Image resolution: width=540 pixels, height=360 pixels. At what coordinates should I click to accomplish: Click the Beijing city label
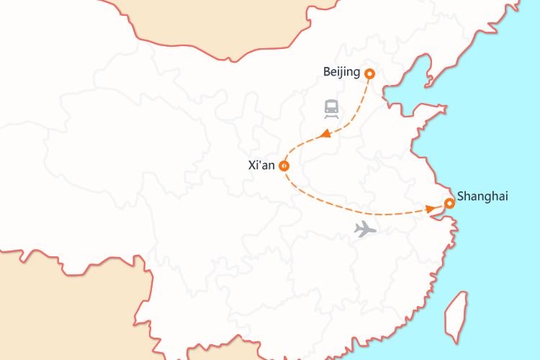[343, 72]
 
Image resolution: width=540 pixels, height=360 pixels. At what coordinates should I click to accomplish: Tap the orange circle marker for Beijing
[370, 73]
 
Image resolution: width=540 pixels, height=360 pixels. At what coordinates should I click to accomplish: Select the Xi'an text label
[261, 166]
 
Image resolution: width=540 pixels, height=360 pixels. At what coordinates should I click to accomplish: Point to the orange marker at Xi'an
[284, 166]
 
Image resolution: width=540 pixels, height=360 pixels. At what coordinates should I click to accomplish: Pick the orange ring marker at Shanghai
[449, 204]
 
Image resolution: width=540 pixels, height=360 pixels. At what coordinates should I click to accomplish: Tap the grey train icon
[331, 109]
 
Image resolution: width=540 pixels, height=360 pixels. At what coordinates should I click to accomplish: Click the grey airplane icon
[366, 230]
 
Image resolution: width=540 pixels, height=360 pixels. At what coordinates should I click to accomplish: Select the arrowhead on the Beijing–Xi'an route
[325, 134]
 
